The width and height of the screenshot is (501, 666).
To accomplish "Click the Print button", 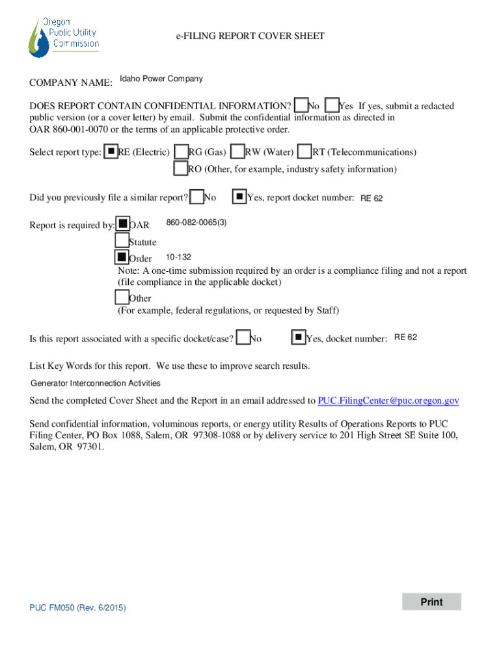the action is click(x=431, y=602).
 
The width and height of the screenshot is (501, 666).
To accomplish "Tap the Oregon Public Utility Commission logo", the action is click(x=64, y=37).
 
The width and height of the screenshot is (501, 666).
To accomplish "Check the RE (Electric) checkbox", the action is click(x=111, y=151).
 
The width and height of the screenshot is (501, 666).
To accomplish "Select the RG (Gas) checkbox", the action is click(x=182, y=151).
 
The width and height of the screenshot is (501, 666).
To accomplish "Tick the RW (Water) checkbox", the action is click(x=237, y=151).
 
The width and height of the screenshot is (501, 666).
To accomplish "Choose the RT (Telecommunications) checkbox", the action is click(x=305, y=151).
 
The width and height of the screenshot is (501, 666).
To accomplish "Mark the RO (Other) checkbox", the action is click(x=181, y=168).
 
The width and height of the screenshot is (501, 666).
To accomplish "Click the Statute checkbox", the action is click(x=122, y=241).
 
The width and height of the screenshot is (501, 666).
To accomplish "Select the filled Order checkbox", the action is click(x=122, y=257).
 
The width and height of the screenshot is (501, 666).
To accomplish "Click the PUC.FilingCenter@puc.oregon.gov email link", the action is click(x=388, y=401).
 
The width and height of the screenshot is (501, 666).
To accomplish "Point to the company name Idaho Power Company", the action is click(x=161, y=79).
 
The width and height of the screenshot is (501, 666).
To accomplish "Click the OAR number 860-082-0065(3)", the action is click(x=196, y=222).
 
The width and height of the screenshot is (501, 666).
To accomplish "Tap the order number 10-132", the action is click(x=178, y=257).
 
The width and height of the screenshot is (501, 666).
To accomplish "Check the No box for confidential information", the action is click(x=301, y=105).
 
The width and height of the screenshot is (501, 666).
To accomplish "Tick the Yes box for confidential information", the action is click(x=332, y=105).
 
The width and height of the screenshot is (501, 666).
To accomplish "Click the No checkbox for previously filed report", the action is click(x=196, y=196).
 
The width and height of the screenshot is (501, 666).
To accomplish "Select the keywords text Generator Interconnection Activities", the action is click(x=96, y=383).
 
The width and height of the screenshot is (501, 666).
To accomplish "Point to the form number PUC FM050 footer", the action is click(x=78, y=607).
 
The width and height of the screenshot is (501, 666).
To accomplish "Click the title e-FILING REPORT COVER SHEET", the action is click(x=251, y=36).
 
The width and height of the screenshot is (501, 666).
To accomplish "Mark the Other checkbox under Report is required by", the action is click(x=122, y=297).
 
